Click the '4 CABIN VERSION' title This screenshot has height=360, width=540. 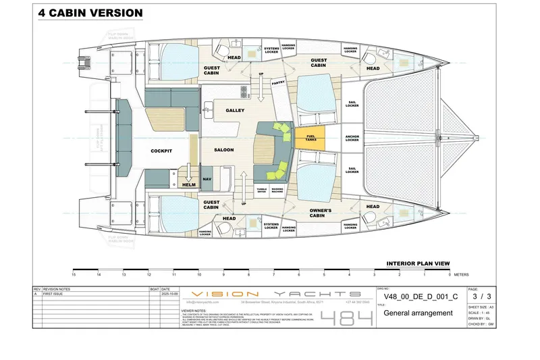click(90, 13)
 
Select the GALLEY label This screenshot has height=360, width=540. click(235, 110)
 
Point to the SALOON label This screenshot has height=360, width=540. click(224, 149)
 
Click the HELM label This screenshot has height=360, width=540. click(188, 184)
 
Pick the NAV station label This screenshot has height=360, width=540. click(207, 179)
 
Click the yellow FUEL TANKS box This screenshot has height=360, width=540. click(310, 138)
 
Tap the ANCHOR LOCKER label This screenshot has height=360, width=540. click(352, 138)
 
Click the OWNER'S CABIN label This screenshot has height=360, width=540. click(320, 213)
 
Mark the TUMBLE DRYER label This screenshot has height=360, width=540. click(261, 190)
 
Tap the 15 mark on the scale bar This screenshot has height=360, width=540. click(74, 275)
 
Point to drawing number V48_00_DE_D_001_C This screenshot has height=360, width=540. click(421, 296)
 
